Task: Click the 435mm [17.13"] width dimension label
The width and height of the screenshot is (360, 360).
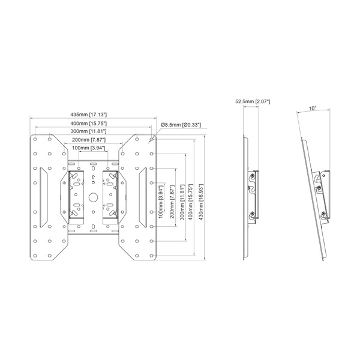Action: [x=89, y=115]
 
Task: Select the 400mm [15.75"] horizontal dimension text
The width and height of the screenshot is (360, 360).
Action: [x=89, y=123]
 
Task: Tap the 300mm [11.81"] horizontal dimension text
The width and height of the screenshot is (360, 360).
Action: [x=89, y=131]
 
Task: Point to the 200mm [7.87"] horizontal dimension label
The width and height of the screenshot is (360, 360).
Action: [x=89, y=140]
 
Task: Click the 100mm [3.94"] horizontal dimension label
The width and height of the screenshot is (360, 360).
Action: [x=89, y=148]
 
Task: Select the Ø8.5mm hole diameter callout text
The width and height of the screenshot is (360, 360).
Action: [x=181, y=125]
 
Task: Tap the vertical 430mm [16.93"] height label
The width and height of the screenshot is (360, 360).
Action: [x=201, y=202]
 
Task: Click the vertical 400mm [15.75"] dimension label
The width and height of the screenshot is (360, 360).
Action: [x=191, y=202]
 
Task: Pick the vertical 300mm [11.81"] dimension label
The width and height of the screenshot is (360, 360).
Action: [x=182, y=202]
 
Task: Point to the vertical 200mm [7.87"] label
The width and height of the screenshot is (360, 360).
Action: [x=172, y=202]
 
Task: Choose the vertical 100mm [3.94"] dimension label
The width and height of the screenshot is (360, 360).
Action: [x=161, y=202]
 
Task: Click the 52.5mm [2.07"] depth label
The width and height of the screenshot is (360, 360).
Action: [x=253, y=101]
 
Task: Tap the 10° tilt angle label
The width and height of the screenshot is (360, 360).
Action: [x=313, y=108]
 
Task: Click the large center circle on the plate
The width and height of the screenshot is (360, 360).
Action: [x=93, y=197]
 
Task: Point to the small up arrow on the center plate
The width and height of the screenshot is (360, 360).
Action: [x=93, y=177]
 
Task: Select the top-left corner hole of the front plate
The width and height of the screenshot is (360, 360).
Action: [x=35, y=139]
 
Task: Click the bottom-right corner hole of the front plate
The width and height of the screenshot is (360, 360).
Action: [x=151, y=256]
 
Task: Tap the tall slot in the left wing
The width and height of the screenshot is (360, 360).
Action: [x=44, y=197]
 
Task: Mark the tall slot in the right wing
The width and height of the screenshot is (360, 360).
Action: [x=143, y=197]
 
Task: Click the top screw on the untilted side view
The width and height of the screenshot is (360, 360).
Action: [x=253, y=176]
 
